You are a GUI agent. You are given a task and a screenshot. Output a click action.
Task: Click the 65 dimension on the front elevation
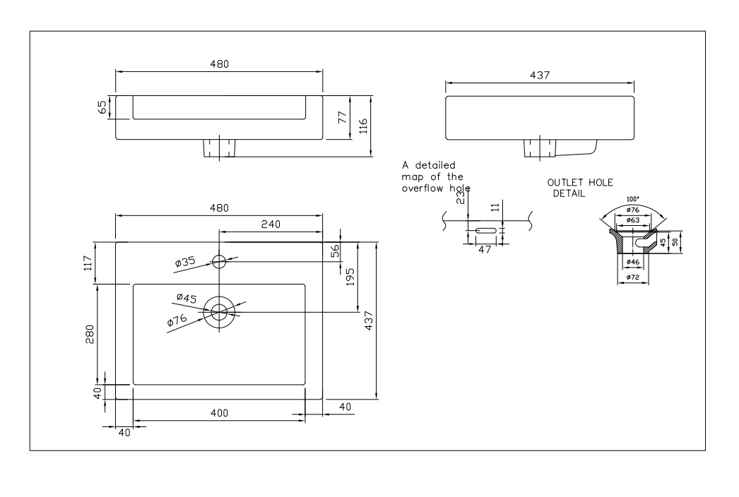coord(103,107)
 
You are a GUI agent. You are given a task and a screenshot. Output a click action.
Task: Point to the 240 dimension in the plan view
coord(271,224)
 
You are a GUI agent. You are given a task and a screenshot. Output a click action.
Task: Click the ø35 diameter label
coord(185,263)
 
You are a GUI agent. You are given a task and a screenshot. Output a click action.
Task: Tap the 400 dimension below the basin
coord(219,413)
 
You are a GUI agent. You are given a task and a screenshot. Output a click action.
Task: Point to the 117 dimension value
coord(88,263)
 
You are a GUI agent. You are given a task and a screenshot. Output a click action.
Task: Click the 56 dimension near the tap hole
coord(336,249)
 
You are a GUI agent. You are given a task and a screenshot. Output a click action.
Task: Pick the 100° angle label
coord(634,200)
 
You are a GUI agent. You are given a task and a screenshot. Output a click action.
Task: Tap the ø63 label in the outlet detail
coord(634,220)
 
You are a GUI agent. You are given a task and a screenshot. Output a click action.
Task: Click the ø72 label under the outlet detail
coord(634,277)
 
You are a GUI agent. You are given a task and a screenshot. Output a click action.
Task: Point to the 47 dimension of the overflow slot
coord(485,248)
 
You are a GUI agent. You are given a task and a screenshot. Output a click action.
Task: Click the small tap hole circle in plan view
coord(219,262)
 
